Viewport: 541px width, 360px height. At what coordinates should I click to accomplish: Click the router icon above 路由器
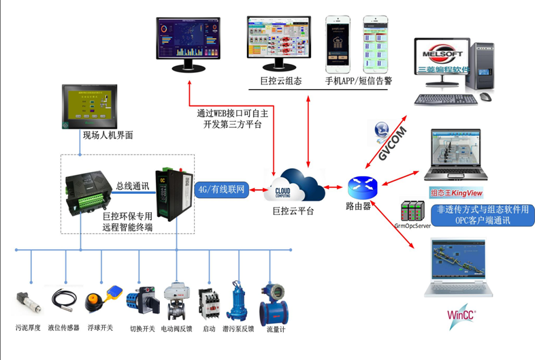(x=359, y=186)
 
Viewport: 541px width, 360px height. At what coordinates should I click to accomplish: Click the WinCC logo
(x=462, y=315)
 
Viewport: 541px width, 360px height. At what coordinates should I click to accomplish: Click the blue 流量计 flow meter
(x=276, y=304)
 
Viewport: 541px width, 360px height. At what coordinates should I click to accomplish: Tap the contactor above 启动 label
(x=208, y=303)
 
